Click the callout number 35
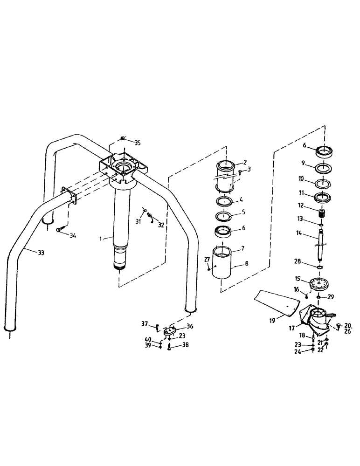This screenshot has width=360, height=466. [137, 143]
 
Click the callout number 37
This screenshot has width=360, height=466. [145, 323]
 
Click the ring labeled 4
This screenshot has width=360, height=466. [225, 201]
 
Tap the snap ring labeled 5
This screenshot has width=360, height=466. [225, 216]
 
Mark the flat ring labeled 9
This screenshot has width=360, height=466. [323, 166]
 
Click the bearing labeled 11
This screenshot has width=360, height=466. [323, 196]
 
